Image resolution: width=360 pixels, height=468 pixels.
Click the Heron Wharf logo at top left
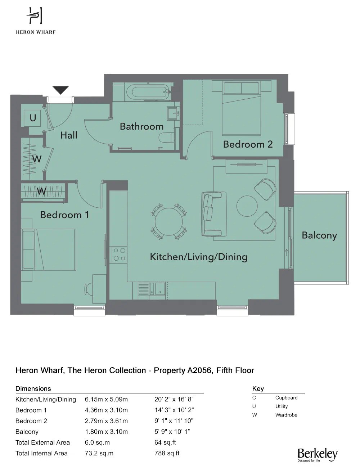point(35,21)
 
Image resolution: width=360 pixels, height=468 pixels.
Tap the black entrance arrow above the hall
point(60,90)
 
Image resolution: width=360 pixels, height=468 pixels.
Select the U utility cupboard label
point(33,118)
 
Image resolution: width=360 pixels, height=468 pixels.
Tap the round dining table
point(168,221)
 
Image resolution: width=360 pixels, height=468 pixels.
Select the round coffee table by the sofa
point(247,206)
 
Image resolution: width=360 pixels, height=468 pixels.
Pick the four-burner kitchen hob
point(119,254)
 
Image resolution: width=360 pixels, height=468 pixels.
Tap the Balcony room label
point(319,235)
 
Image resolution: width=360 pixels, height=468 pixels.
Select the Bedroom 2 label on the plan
point(248,144)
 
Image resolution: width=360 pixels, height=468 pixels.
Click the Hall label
point(69,135)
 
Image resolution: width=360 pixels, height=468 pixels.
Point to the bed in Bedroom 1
point(49,249)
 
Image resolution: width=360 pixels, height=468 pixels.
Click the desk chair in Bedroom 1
point(89,288)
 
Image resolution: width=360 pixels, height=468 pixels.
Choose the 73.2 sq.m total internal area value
point(99,453)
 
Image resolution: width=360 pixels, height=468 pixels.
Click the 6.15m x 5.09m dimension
point(106,399)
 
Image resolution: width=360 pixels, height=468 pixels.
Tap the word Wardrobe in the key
point(286,415)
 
